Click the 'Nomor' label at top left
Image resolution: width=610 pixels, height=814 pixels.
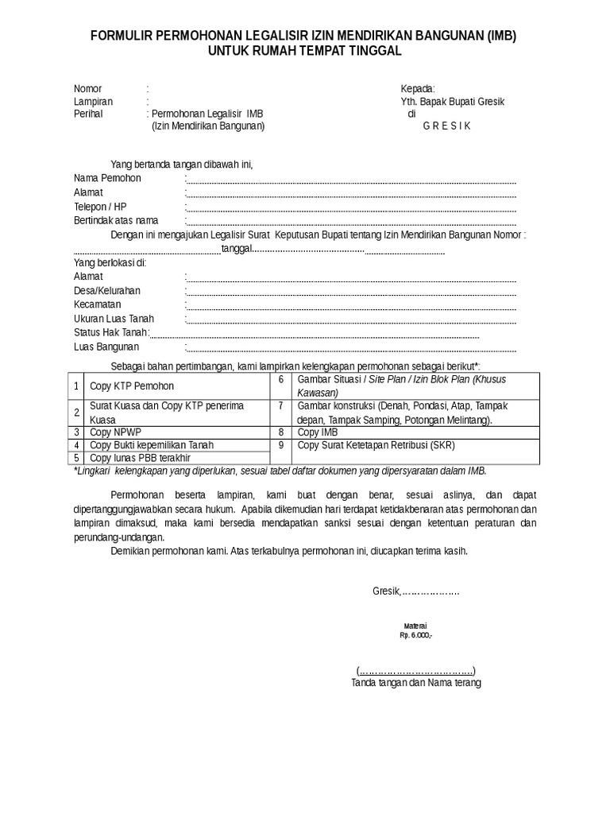click(x=88, y=88)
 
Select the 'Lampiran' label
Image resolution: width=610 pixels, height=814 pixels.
click(x=93, y=102)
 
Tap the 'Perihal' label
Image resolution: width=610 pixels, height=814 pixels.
click(x=89, y=114)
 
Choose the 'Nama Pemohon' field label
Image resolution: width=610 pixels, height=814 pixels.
click(x=107, y=178)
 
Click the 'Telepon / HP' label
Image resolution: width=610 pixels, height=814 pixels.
click(x=99, y=207)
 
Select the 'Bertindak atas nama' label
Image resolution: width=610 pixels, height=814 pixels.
click(x=116, y=220)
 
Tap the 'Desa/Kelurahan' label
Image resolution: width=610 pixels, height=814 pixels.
click(x=107, y=291)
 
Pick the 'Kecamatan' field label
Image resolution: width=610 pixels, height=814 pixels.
click(x=97, y=304)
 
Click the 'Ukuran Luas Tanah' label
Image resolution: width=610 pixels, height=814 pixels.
click(x=114, y=319)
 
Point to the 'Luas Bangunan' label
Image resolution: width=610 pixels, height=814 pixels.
click(x=106, y=347)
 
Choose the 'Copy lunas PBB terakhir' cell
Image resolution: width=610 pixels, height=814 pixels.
click(x=140, y=458)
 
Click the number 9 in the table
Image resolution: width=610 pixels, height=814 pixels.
click(x=281, y=445)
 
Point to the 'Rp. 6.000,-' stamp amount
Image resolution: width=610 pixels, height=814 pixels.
click(x=415, y=637)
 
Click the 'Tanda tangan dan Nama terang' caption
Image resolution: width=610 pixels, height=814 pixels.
click(x=416, y=683)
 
